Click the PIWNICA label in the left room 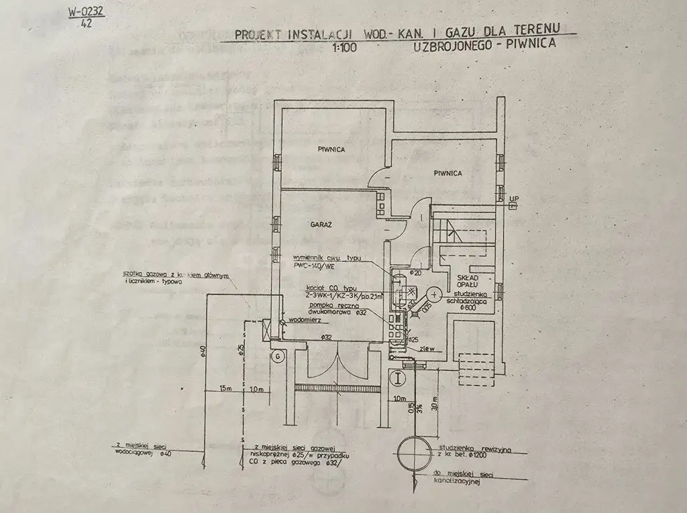point(331,150)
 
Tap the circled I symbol point(401,378)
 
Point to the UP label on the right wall point(514,198)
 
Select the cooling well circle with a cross point(434,294)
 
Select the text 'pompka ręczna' point(327,305)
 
